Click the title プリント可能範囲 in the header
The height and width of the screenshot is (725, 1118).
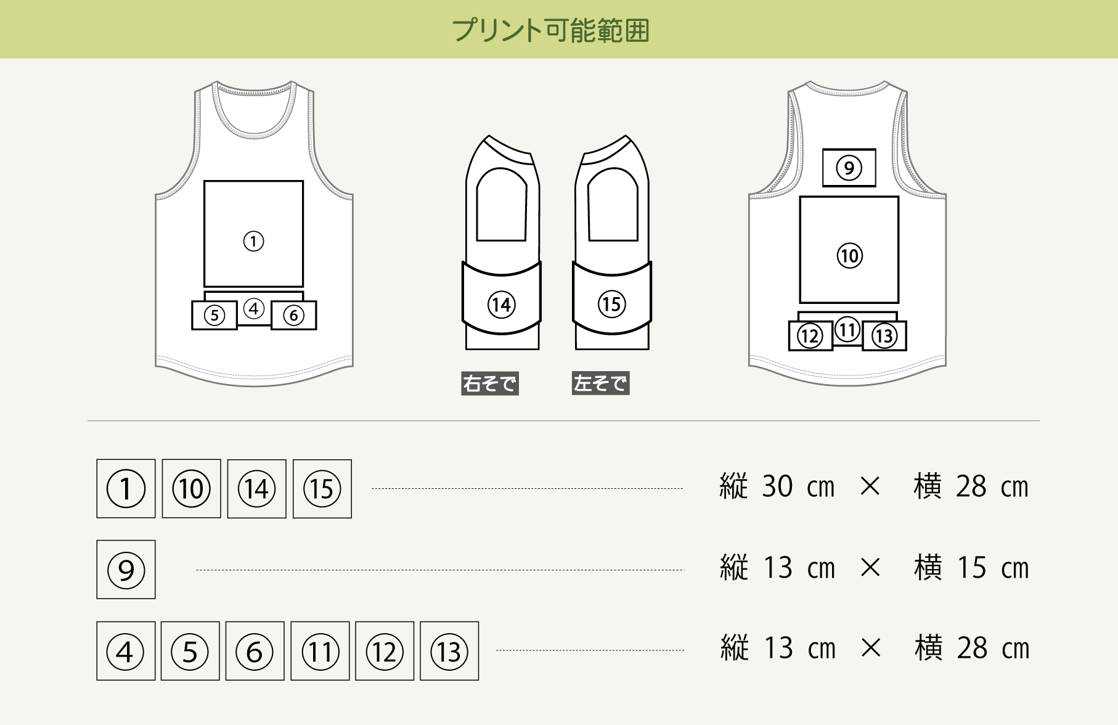550,30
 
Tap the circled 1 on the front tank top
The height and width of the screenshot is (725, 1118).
253,241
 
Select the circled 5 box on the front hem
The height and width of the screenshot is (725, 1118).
214,316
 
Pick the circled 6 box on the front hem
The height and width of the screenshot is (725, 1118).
294,316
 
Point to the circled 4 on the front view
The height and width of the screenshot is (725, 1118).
254,308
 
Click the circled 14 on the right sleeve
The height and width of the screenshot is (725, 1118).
502,305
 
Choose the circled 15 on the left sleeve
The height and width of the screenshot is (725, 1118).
611,304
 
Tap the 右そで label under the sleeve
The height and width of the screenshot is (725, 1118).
490,383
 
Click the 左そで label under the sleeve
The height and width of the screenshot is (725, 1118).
600,383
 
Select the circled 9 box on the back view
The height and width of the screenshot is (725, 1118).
849,168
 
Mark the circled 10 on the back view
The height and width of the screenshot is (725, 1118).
849,255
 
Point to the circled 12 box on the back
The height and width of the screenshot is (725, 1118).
810,336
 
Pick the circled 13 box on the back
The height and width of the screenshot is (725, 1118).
884,336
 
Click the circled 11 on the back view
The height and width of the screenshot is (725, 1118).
847,330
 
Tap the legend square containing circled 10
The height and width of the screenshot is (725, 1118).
191,489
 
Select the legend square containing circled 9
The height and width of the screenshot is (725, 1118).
126,570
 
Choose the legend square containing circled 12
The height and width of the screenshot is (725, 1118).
385,651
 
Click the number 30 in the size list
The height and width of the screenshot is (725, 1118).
777,486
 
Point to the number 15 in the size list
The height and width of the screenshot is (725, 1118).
971,567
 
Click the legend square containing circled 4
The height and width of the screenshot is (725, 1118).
126,651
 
